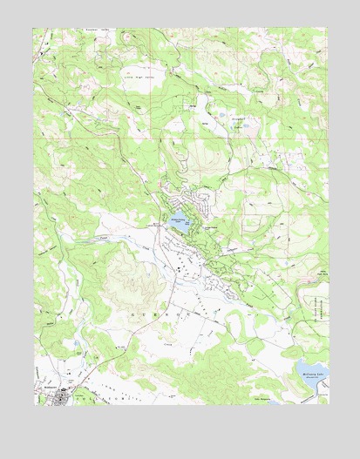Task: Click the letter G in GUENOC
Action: (x=132, y=310)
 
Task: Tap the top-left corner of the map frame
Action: (x=35, y=28)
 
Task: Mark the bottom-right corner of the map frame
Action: (x=329, y=405)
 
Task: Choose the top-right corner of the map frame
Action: (x=329, y=28)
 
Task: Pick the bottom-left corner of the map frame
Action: (x=35, y=405)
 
